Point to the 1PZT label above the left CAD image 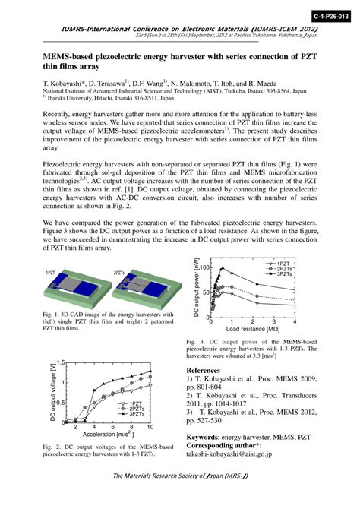click(x=50, y=271)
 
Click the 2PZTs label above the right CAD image click(x=119, y=271)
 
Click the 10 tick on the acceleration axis click(x=150, y=427)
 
